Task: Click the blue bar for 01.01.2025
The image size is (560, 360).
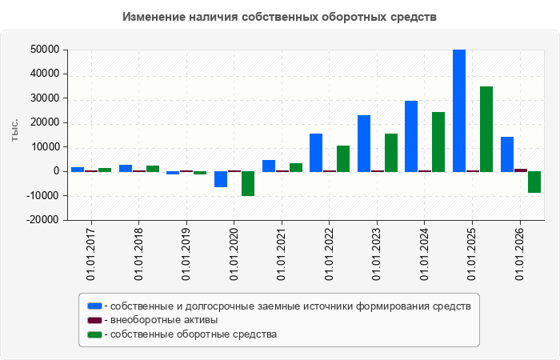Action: click(x=459, y=110)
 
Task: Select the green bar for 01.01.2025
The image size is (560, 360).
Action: click(x=486, y=129)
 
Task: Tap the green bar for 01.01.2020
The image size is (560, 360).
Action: click(x=248, y=183)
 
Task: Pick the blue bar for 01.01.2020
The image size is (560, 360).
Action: click(x=221, y=179)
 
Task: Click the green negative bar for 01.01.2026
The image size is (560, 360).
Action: click(x=534, y=182)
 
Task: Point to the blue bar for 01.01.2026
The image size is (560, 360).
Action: click(x=507, y=154)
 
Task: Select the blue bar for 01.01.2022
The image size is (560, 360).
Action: click(x=316, y=153)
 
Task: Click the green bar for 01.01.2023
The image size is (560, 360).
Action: click(x=391, y=153)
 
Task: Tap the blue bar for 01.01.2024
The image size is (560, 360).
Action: click(x=411, y=136)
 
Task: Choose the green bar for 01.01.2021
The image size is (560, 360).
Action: click(x=296, y=167)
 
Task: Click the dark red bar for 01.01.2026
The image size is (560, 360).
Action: click(x=521, y=170)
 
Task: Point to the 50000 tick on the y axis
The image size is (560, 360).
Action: click(x=45, y=50)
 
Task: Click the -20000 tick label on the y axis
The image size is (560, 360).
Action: click(x=43, y=220)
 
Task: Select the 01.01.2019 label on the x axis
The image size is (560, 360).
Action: click(x=186, y=254)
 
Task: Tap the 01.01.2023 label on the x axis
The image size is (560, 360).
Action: click(x=377, y=254)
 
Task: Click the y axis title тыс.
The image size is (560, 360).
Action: click(x=14, y=130)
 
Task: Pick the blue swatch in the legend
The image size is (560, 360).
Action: click(x=94, y=306)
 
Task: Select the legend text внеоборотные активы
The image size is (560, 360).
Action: click(x=164, y=320)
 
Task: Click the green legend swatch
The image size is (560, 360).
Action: click(x=94, y=334)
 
